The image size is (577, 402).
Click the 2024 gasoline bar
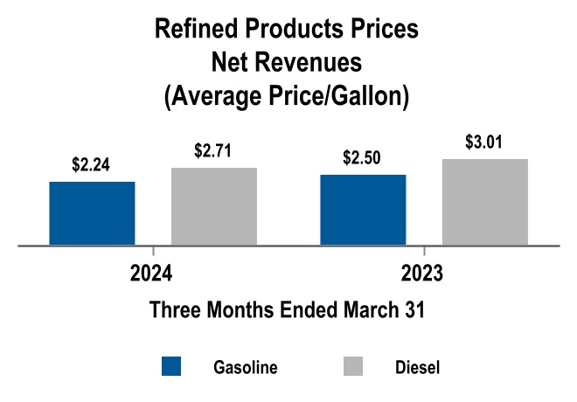point(92,213)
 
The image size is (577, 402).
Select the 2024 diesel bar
point(214,206)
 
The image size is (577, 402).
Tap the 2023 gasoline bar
point(363,210)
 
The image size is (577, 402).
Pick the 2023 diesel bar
point(485,202)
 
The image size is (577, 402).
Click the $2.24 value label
point(92,163)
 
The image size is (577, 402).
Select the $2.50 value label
point(363,157)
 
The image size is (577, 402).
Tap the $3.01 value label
point(485,142)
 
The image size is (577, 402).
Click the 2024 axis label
point(150,274)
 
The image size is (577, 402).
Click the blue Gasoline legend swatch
point(171,366)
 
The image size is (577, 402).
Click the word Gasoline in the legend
point(246,367)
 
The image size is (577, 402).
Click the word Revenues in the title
point(323,63)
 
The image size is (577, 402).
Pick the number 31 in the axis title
point(414,310)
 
